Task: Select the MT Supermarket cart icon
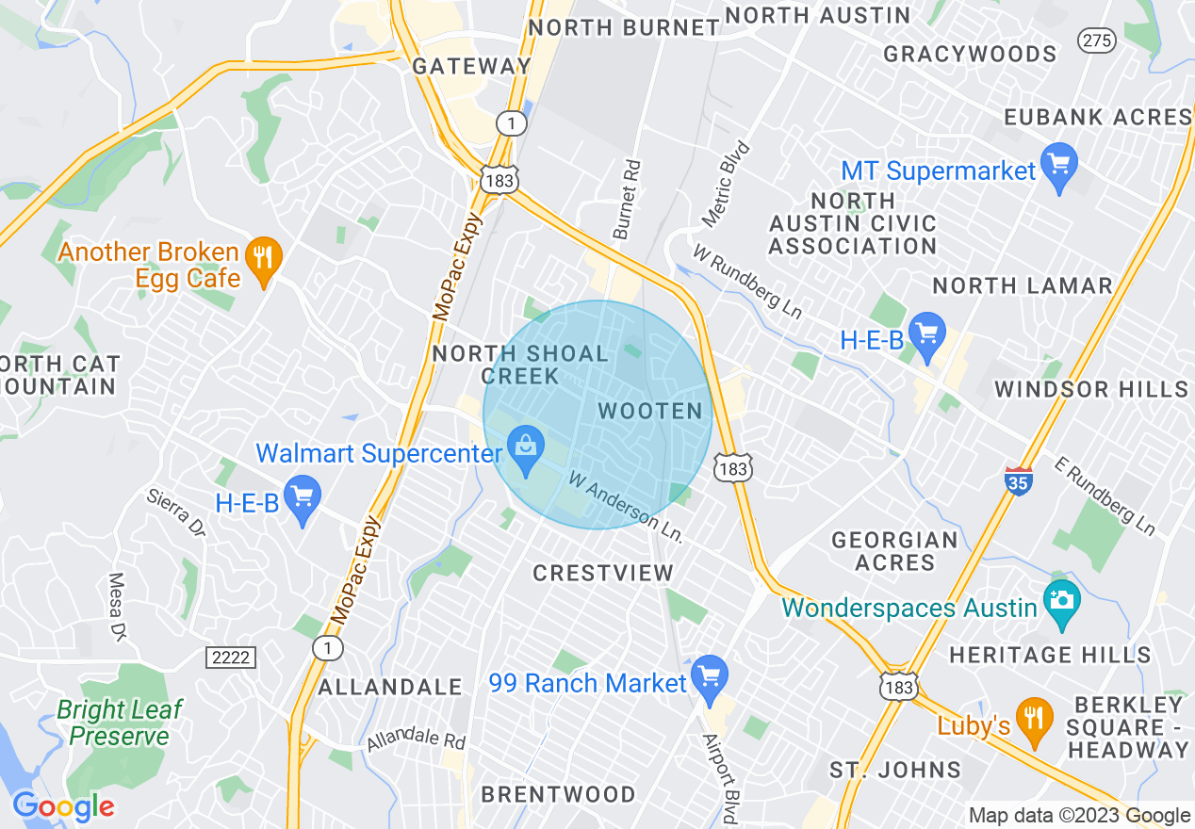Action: (x=1059, y=168)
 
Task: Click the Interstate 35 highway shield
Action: (x=1018, y=480)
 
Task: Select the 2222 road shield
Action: (x=231, y=657)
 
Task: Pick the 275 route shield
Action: (x=1096, y=40)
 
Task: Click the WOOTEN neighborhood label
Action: (x=650, y=411)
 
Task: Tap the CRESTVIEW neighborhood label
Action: (x=603, y=573)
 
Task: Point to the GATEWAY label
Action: (x=472, y=66)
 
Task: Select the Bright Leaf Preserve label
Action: (x=119, y=723)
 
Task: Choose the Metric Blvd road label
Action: (x=727, y=185)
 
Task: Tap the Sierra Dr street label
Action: (x=175, y=512)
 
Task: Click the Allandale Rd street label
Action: (x=417, y=739)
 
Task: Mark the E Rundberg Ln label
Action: (x=1105, y=497)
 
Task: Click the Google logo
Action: (x=63, y=806)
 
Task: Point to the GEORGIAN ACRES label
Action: (x=894, y=551)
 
